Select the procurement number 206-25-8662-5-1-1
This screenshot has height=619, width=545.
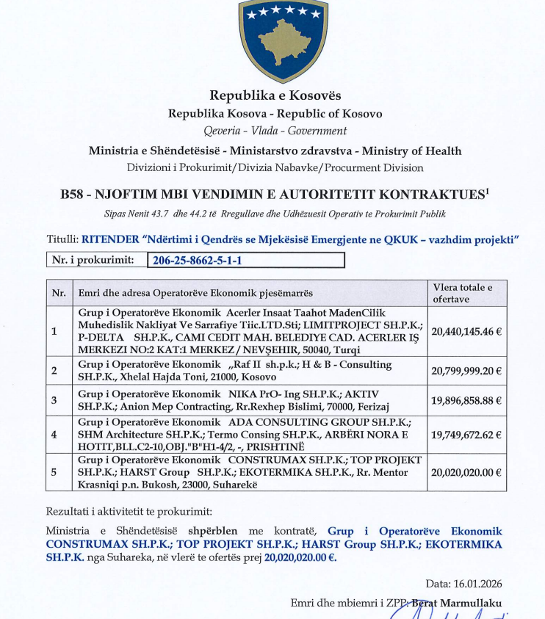(x=196, y=261)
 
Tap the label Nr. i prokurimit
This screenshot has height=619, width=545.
(x=93, y=260)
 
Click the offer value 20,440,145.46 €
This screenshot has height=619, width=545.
(x=466, y=331)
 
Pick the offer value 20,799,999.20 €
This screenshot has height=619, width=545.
(x=466, y=370)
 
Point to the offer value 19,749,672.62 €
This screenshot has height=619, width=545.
(x=466, y=435)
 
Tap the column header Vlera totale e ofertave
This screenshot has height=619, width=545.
(x=463, y=293)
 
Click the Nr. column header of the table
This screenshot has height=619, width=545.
(x=59, y=293)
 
